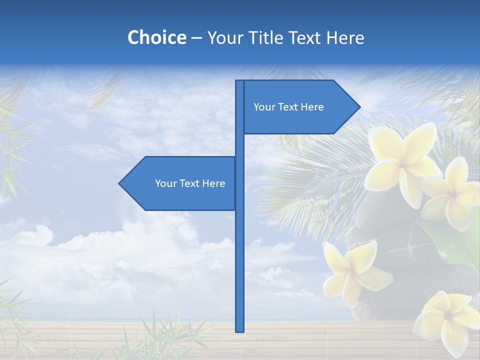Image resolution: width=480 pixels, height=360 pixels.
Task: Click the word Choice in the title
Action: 156,38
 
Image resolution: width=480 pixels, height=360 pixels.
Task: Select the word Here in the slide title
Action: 345,38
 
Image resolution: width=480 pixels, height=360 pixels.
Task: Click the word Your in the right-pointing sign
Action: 263,107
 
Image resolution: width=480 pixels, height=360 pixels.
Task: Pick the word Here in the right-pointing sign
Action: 312,107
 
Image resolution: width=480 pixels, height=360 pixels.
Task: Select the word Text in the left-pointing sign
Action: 190,183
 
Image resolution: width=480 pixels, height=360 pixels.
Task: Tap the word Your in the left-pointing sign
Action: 165,183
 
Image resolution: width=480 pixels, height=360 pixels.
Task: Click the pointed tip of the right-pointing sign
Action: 359,106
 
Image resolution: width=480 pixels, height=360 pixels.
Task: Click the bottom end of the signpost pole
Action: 239,330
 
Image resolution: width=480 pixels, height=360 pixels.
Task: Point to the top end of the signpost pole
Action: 239,81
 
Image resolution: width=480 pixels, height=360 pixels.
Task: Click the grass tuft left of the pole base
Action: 170,335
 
